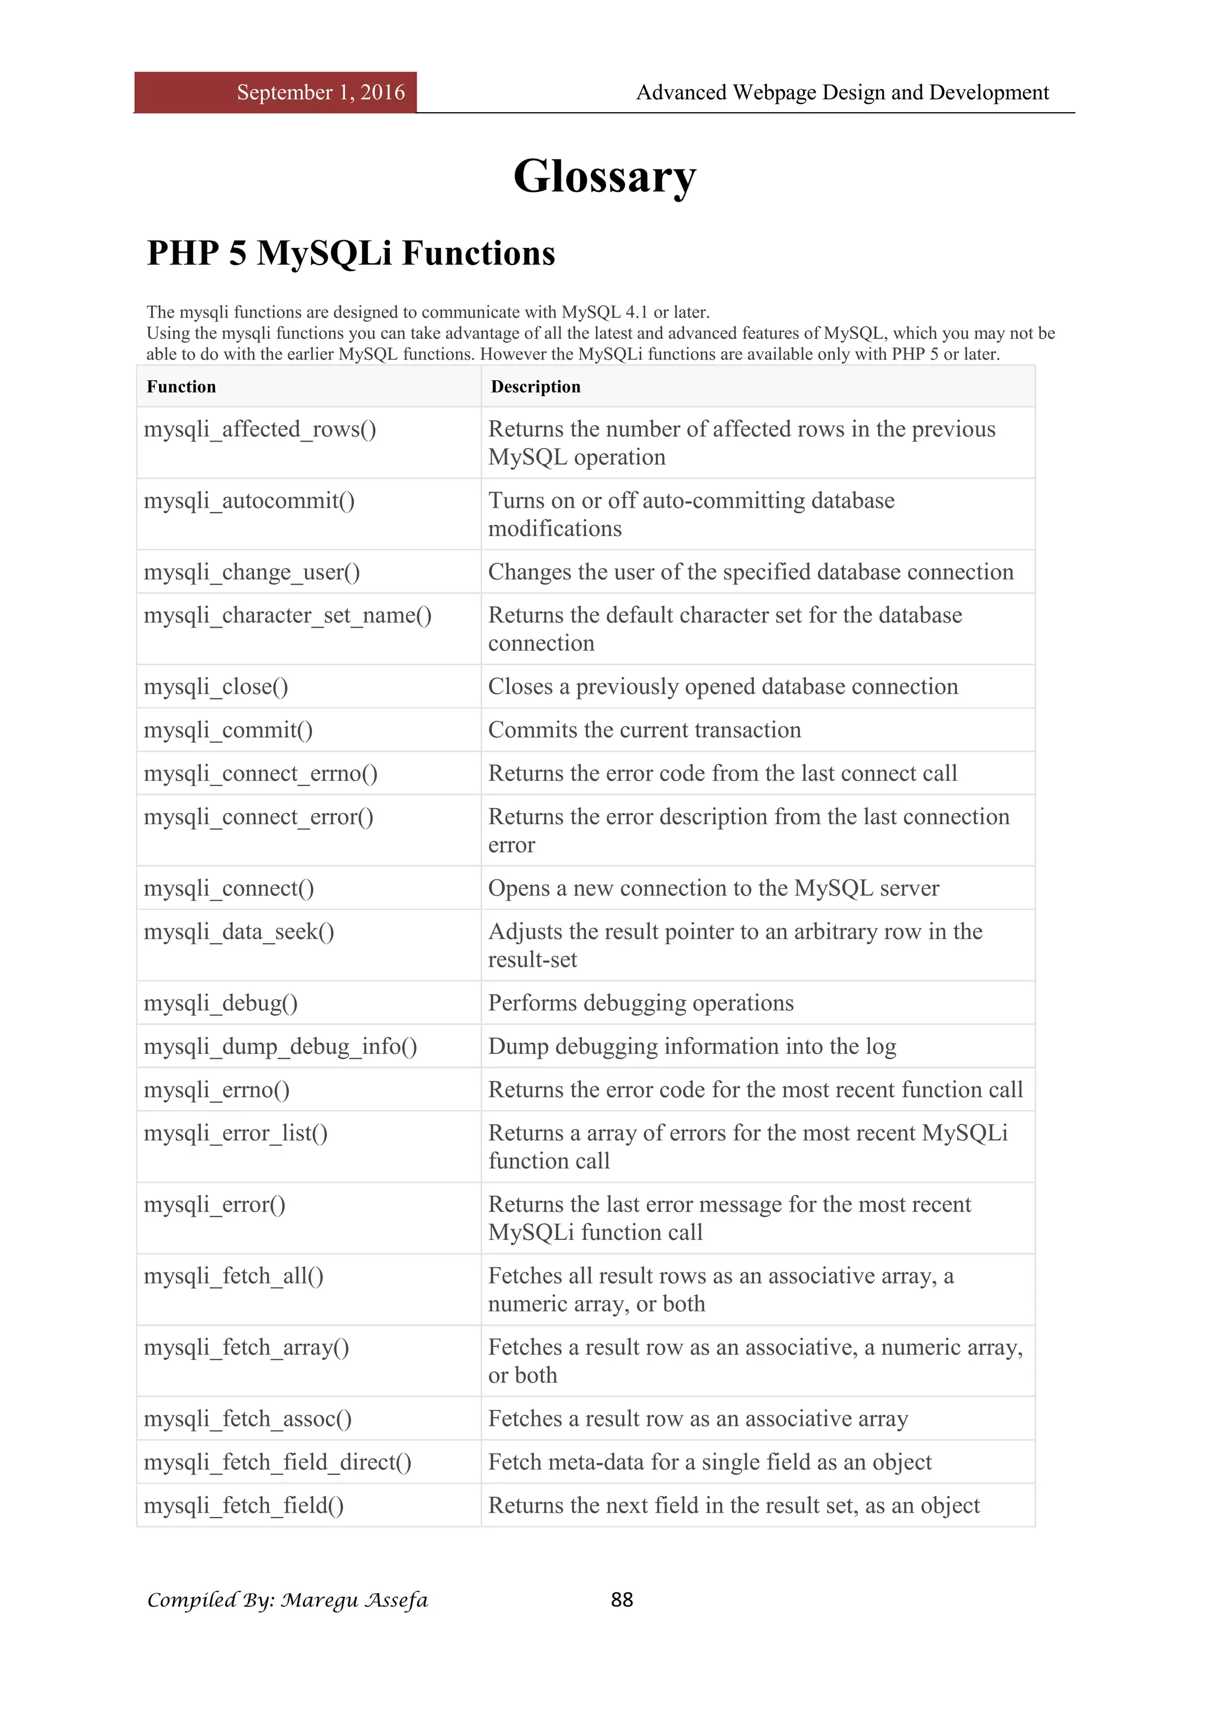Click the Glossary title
coord(604,177)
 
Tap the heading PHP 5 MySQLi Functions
coord(351,253)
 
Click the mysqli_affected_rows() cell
coord(260,430)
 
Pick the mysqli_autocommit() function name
coord(249,501)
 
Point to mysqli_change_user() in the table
coord(252,573)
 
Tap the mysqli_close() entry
coord(216,687)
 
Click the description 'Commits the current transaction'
coord(645,730)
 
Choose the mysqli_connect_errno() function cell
coord(261,774)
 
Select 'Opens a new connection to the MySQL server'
coord(713,889)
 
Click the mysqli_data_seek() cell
coord(239,932)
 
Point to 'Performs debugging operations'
coord(641,1003)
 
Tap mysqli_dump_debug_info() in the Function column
coord(280,1047)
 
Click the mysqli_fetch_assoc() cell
coord(248,1419)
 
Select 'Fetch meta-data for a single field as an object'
coord(710,1463)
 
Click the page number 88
coord(622,1600)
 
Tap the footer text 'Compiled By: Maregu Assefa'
coord(288,1600)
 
